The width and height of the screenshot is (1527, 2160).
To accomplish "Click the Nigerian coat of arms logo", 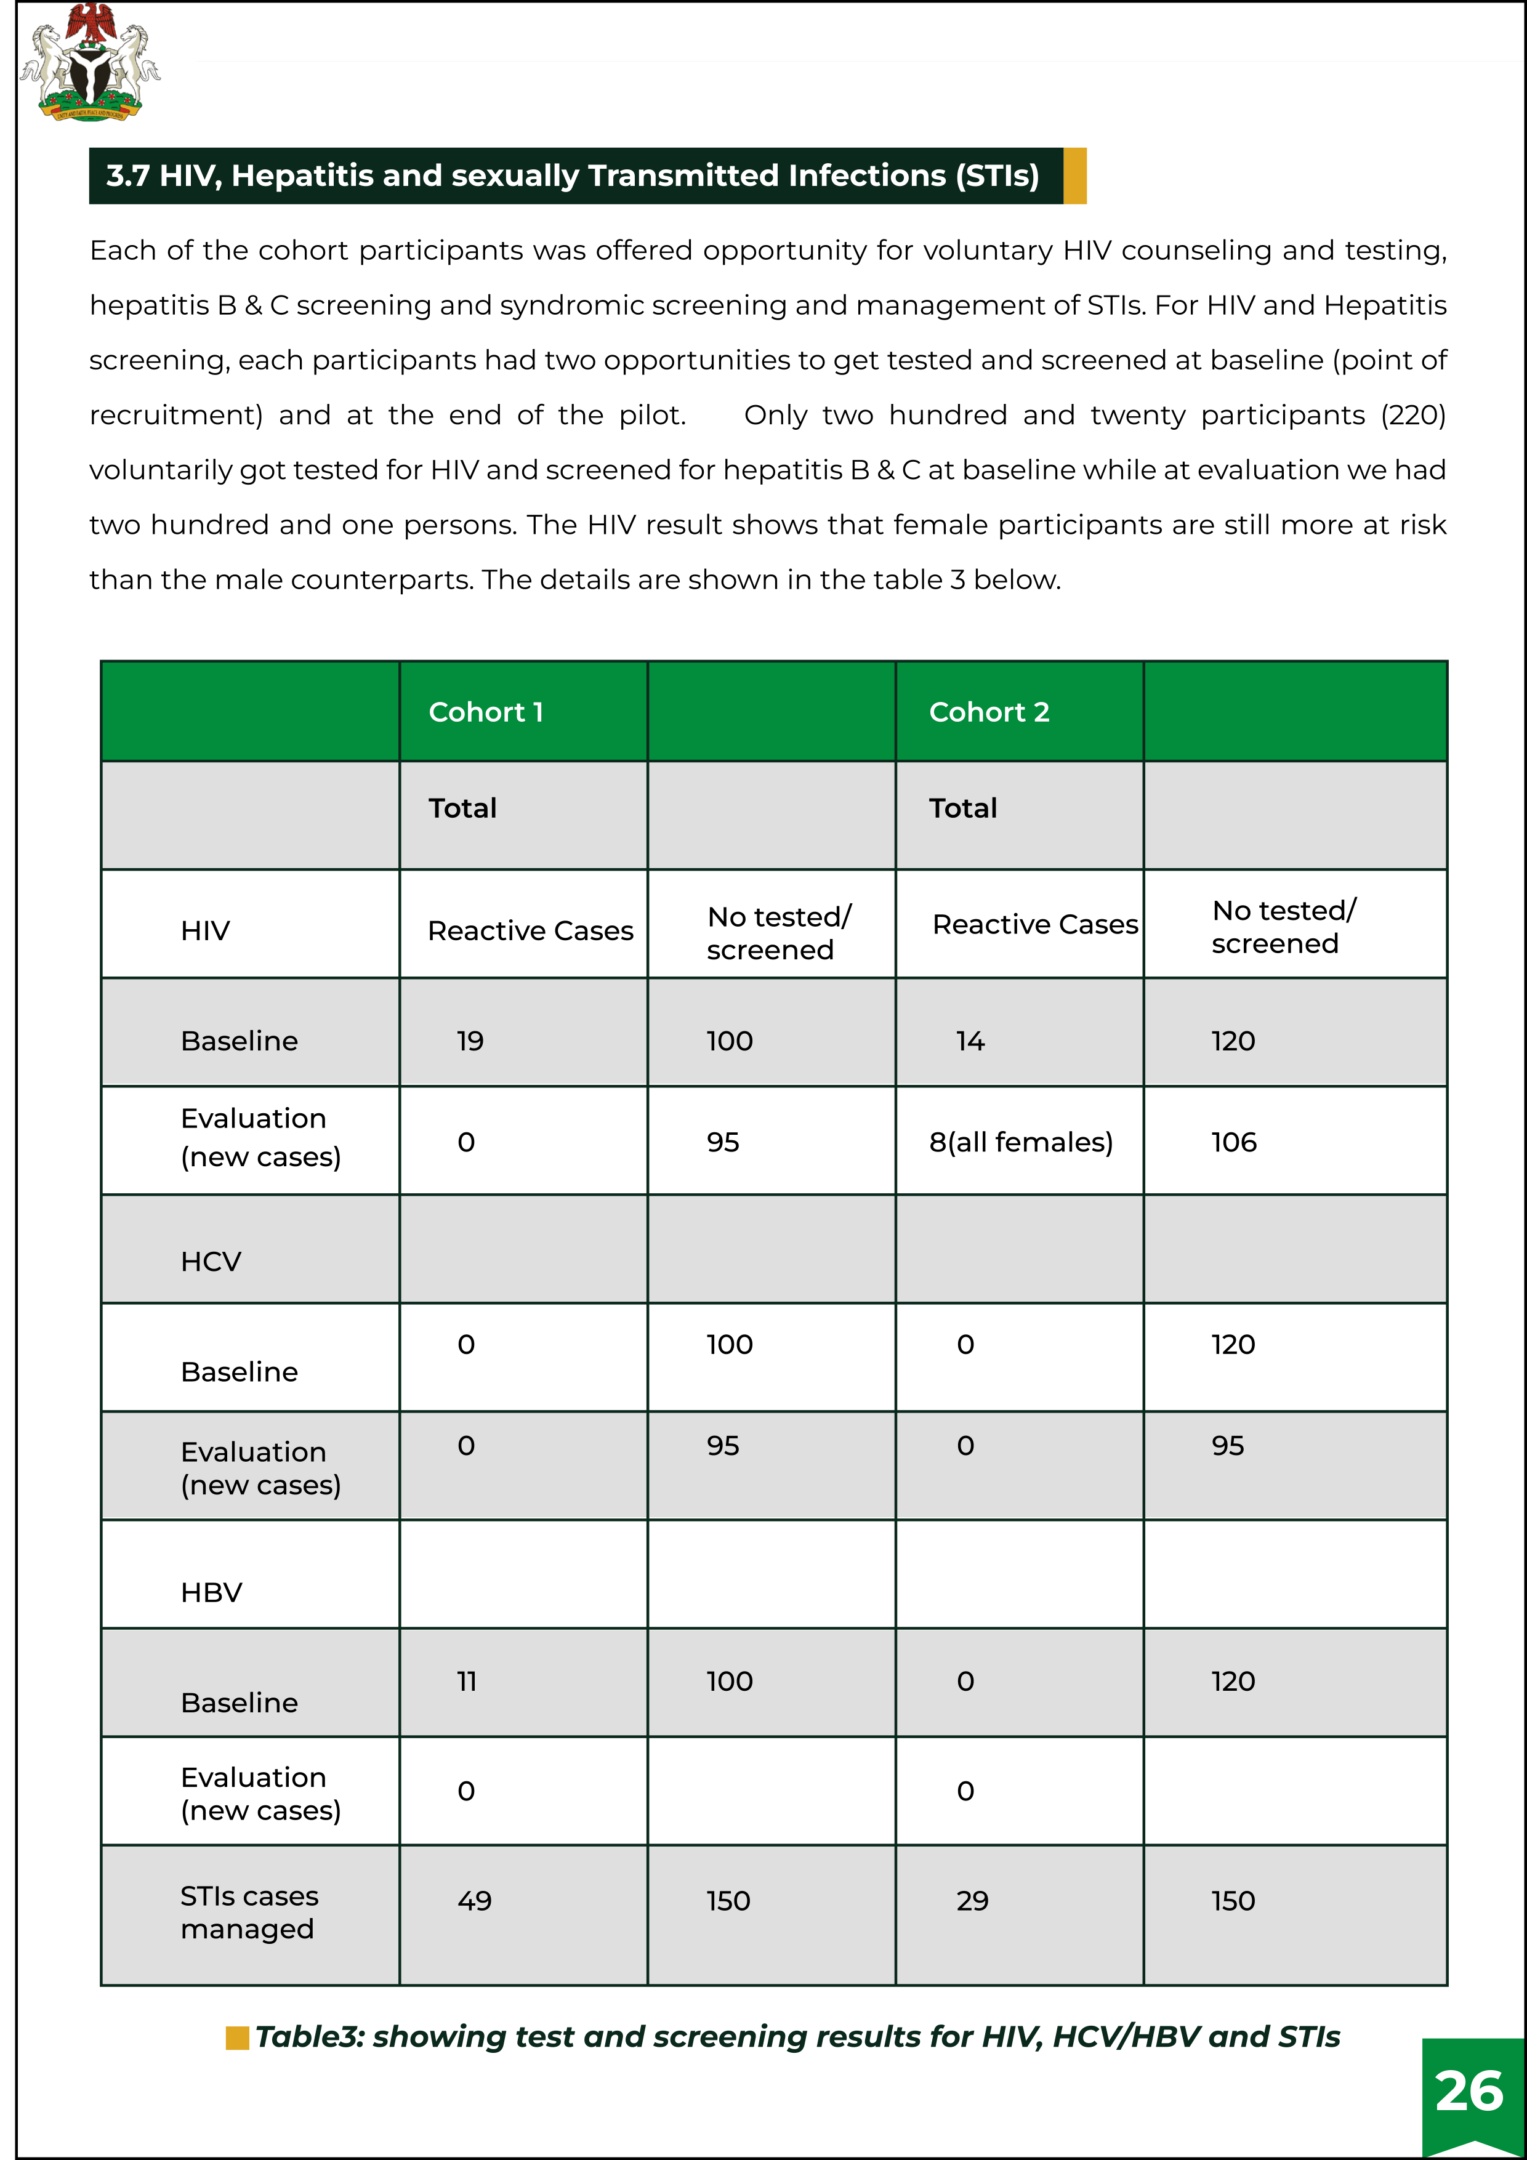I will tap(89, 62).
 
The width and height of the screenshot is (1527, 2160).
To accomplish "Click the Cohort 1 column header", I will tap(485, 712).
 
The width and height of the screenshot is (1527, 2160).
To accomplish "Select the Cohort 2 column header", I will tap(989, 712).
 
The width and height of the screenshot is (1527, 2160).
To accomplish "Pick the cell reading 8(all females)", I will tap(1021, 1142).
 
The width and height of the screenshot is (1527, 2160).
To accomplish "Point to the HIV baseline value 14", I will tap(970, 1041).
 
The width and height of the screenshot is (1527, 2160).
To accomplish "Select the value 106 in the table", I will tap(1233, 1142).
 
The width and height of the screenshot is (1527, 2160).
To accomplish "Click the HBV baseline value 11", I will tap(467, 1681).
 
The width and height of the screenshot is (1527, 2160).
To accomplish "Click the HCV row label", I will tap(211, 1262).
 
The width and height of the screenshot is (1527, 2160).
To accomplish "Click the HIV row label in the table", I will tap(205, 930).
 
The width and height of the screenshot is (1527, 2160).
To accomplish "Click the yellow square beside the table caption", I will tap(237, 2037).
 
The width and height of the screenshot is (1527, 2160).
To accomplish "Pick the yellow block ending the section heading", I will tap(1074, 176).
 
